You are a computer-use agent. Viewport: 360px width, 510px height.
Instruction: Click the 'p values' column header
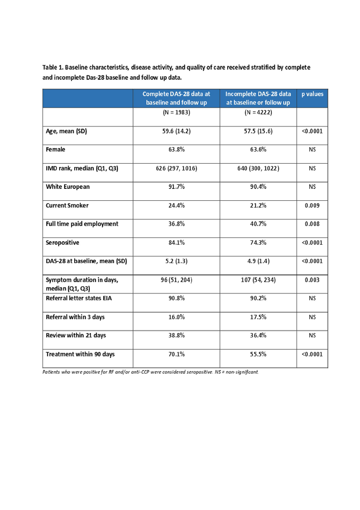coord(312,94)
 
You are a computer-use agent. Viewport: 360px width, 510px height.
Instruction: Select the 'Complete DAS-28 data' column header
coord(176,98)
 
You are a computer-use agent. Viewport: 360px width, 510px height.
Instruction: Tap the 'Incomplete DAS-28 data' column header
coord(258,98)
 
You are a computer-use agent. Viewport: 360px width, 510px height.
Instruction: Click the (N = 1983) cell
coord(176,113)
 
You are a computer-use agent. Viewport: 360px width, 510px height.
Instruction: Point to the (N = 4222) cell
coord(258,113)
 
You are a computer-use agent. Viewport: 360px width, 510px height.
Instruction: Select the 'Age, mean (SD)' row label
coord(66,131)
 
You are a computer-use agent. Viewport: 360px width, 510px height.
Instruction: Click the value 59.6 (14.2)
coord(176,131)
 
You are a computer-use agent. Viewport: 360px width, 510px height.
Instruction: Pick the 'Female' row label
coord(55,149)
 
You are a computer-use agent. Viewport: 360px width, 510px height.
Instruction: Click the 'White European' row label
coord(68,187)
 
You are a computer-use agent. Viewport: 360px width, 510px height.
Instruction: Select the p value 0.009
coord(312,205)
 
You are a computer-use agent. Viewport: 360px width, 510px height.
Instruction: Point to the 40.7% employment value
coord(258,224)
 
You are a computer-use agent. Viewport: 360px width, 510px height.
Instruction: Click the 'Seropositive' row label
coord(62,242)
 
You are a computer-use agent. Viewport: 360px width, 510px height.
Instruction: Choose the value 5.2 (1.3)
coord(176,261)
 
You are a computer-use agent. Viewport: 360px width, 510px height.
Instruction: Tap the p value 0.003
coord(312,280)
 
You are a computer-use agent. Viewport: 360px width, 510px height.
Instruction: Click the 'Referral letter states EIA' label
coord(79,298)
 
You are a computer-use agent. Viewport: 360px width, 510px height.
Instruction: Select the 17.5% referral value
coord(258,317)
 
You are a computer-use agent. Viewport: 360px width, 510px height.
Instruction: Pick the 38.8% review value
coord(176,335)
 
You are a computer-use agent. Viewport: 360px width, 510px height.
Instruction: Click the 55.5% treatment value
coord(258,354)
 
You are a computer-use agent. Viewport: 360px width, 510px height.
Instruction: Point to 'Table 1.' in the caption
coord(53,68)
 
